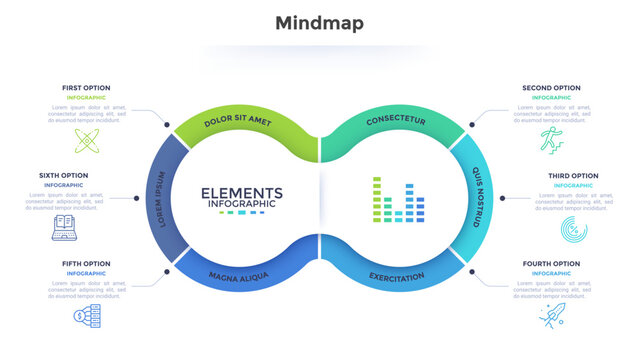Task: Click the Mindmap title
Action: coord(319,22)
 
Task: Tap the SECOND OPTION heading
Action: coord(551,88)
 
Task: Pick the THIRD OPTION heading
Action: coord(571,176)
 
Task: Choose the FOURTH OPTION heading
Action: coord(551,264)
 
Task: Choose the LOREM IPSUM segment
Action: coord(159,198)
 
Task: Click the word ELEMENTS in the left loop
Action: coord(241,193)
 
